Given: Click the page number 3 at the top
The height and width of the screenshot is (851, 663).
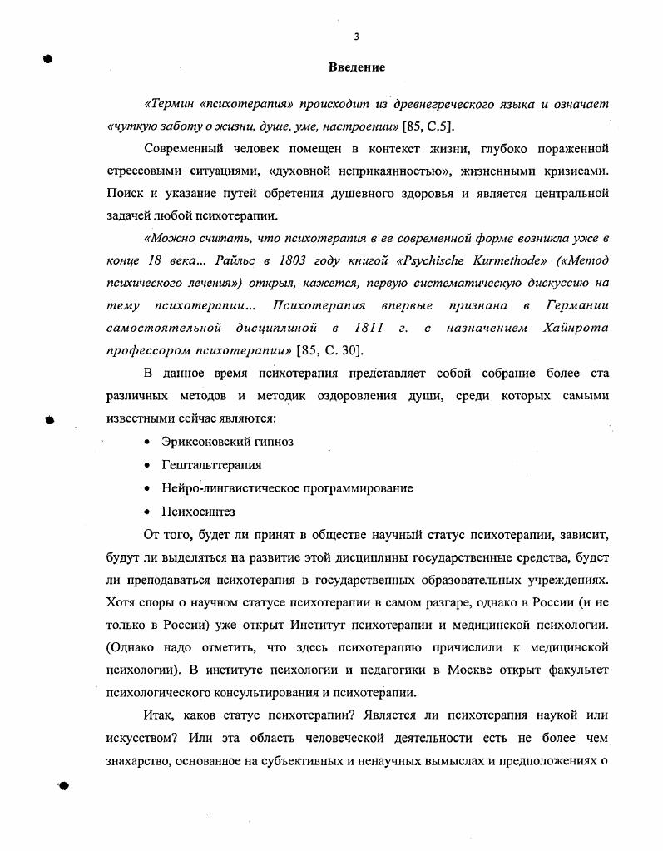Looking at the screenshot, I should (355, 36).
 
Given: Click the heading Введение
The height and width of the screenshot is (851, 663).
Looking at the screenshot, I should (356, 66).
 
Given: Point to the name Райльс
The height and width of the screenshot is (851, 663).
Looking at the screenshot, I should (224, 259).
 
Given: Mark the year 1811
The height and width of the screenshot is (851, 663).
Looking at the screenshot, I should (368, 328).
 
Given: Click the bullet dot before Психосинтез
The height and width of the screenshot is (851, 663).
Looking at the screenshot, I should (146, 512).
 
